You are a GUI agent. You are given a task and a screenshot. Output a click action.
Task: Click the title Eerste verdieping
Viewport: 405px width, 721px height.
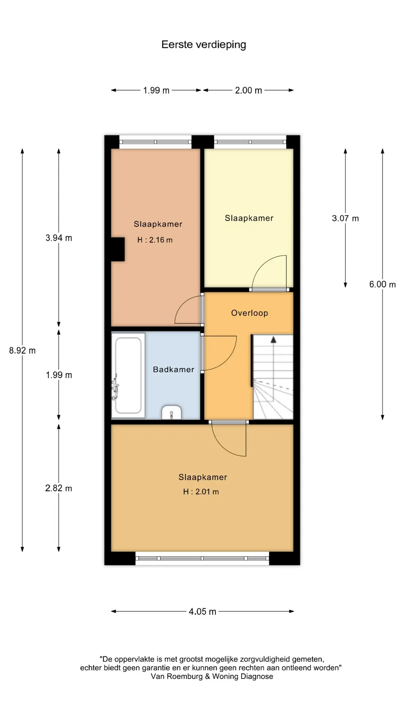(204, 45)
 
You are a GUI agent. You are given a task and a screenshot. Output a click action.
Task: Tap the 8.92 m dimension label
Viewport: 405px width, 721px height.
(22, 350)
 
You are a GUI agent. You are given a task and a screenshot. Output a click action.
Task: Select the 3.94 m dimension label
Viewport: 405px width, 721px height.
(59, 238)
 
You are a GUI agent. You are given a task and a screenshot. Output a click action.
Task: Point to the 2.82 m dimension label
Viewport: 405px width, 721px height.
(58, 488)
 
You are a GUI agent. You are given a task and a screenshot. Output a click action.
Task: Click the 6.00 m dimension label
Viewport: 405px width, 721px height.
(382, 284)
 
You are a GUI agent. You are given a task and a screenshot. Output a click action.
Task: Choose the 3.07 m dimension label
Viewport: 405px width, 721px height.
(345, 218)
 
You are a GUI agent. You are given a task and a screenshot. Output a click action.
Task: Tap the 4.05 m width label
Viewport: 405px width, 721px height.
(202, 611)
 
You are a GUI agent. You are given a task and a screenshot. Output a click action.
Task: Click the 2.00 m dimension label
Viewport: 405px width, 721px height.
(249, 90)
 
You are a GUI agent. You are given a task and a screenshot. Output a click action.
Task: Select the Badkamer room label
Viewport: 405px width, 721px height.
(174, 370)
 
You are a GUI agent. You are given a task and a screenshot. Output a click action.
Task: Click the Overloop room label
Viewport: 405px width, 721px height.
(249, 313)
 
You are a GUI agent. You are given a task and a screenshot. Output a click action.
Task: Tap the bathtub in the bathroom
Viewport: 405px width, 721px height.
(128, 375)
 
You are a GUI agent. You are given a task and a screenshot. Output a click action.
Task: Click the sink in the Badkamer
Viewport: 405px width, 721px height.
(171, 412)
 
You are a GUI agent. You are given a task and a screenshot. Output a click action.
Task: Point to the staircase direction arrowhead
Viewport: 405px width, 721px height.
(273, 339)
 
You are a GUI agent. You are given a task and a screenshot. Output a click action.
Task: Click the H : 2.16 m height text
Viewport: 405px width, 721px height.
(155, 240)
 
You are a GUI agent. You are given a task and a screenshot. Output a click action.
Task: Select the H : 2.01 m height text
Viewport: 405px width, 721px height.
(201, 492)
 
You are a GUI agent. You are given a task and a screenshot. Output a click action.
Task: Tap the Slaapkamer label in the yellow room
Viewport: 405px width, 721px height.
(249, 218)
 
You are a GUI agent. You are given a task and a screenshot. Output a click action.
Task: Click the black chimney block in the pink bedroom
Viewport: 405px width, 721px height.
(117, 249)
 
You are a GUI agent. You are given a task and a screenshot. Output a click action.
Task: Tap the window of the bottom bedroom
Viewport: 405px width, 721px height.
(202, 558)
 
